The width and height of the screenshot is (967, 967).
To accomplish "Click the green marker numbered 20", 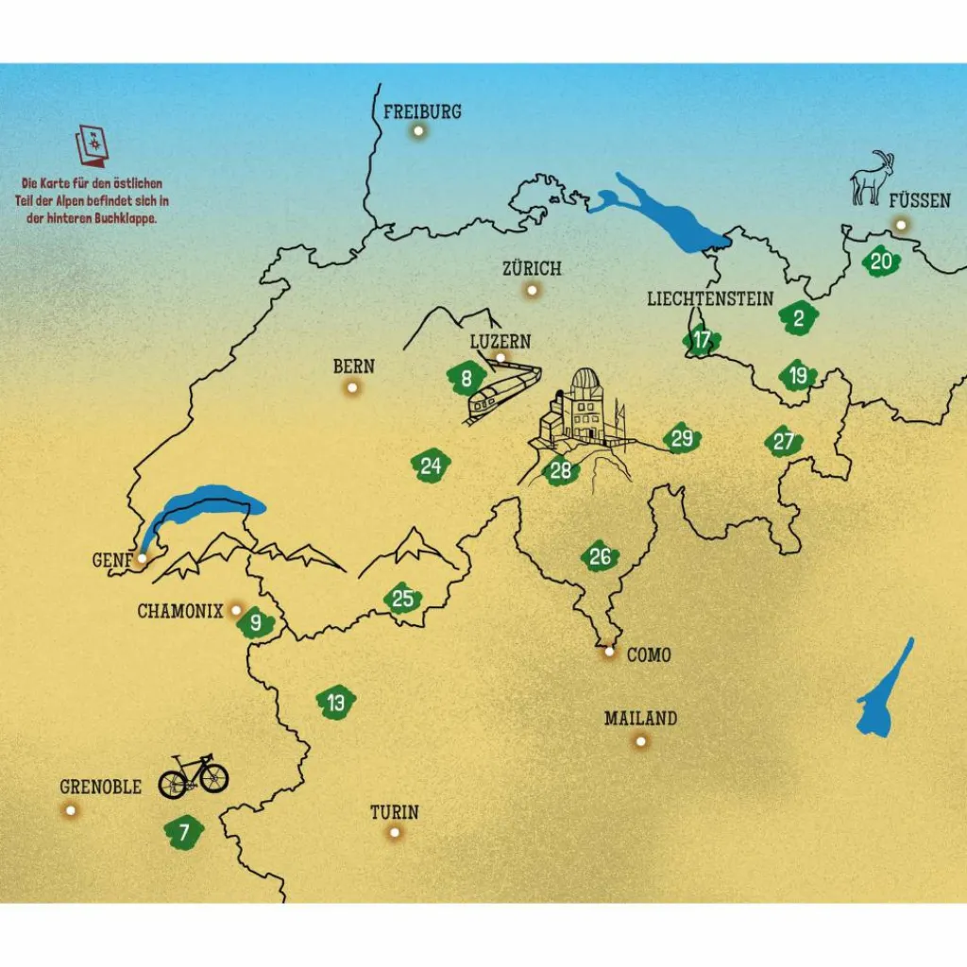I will pyautogui.click(x=881, y=262).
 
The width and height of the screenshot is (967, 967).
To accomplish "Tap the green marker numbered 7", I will pyautogui.click(x=184, y=831).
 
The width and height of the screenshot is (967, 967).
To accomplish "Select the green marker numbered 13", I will pyautogui.click(x=336, y=703).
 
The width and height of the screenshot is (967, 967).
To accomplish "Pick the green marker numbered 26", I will pyautogui.click(x=600, y=557).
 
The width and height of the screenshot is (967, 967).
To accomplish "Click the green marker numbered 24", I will pyautogui.click(x=431, y=466).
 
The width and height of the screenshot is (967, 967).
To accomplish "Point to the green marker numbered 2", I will pyautogui.click(x=799, y=318).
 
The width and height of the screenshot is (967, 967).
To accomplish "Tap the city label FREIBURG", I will pyautogui.click(x=422, y=111).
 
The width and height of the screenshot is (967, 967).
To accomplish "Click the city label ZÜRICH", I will pyautogui.click(x=532, y=268).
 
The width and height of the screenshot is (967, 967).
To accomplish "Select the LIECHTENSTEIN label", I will pyautogui.click(x=710, y=298).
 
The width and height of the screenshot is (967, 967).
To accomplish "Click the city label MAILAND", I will pyautogui.click(x=640, y=719).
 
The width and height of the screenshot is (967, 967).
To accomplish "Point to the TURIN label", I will pyautogui.click(x=394, y=812).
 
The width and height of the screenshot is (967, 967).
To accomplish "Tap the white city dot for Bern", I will pyautogui.click(x=352, y=387).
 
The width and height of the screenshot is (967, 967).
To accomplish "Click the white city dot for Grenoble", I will pyautogui.click(x=70, y=810).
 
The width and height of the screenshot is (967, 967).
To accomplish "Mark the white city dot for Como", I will pyautogui.click(x=609, y=652).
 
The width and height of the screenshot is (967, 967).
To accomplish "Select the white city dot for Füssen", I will pyautogui.click(x=901, y=225).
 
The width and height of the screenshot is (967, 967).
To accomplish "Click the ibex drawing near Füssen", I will pyautogui.click(x=872, y=178).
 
